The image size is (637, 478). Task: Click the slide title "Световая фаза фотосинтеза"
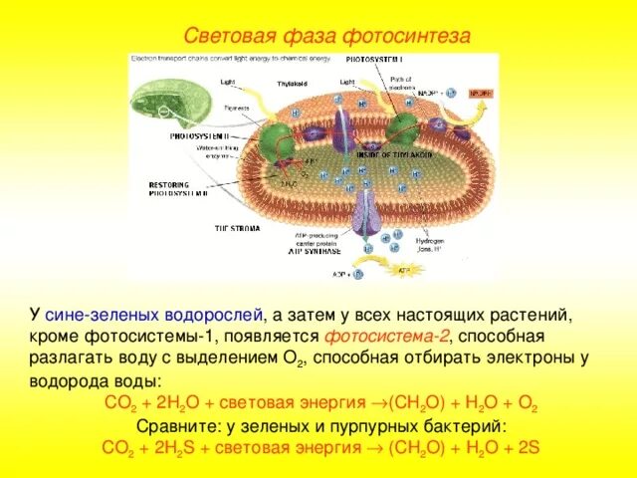point(316,36)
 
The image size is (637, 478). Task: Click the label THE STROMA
point(239,229)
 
